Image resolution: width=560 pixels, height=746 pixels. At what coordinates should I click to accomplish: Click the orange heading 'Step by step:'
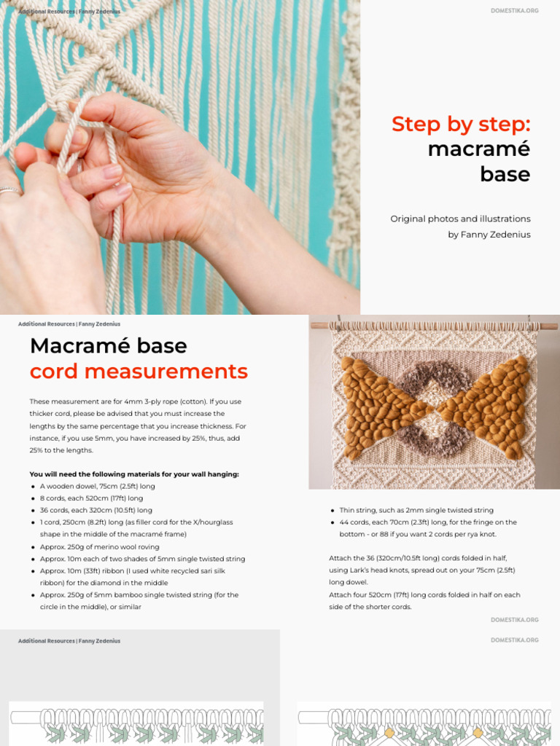tap(461, 125)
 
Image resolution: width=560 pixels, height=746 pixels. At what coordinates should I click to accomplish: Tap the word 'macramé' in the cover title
tap(478, 149)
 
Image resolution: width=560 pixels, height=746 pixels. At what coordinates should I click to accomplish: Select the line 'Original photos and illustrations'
tap(460, 219)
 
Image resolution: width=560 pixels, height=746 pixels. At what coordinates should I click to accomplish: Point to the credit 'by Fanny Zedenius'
tap(489, 235)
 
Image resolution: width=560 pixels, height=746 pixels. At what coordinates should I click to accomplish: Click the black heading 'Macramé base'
tap(108, 345)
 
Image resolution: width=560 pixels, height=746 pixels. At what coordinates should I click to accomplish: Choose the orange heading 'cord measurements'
tap(139, 372)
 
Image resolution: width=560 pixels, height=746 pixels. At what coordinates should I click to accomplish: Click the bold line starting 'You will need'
tap(134, 474)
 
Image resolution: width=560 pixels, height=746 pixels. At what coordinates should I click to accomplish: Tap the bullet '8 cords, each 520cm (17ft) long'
tap(91, 498)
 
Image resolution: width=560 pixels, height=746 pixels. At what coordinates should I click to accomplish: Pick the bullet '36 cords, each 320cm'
tap(96, 510)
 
